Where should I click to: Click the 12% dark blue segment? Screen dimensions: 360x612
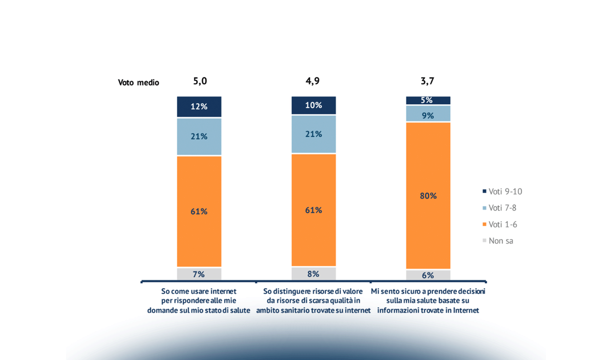pyautogui.click(x=199, y=106)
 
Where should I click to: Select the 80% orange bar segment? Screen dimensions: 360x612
pyautogui.click(x=428, y=196)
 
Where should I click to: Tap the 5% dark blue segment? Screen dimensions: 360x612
pyautogui.click(x=428, y=100)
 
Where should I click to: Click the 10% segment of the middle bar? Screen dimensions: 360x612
pyautogui.click(x=313, y=105)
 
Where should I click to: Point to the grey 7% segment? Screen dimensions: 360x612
pyautogui.click(x=199, y=274)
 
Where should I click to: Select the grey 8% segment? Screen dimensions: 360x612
pyautogui.click(x=313, y=274)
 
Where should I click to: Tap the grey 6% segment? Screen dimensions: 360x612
pyautogui.click(x=428, y=275)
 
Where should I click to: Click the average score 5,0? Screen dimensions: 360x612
pyautogui.click(x=200, y=81)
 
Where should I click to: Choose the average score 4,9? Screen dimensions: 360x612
pyautogui.click(x=313, y=81)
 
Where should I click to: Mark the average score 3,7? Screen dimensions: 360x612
pyautogui.click(x=427, y=81)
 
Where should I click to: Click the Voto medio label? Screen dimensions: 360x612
pyautogui.click(x=138, y=82)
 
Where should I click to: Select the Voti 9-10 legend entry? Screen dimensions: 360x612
pyautogui.click(x=502, y=191)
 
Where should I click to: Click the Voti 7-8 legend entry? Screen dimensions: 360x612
pyautogui.click(x=499, y=208)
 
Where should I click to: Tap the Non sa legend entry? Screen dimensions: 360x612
pyautogui.click(x=498, y=241)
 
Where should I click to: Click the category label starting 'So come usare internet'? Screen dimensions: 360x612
pyautogui.click(x=199, y=301)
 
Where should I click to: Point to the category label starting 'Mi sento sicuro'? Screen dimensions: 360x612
pyautogui.click(x=428, y=301)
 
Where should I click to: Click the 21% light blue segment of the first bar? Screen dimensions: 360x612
pyautogui.click(x=199, y=136)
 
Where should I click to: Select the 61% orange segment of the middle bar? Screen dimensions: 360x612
pyautogui.click(x=313, y=210)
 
